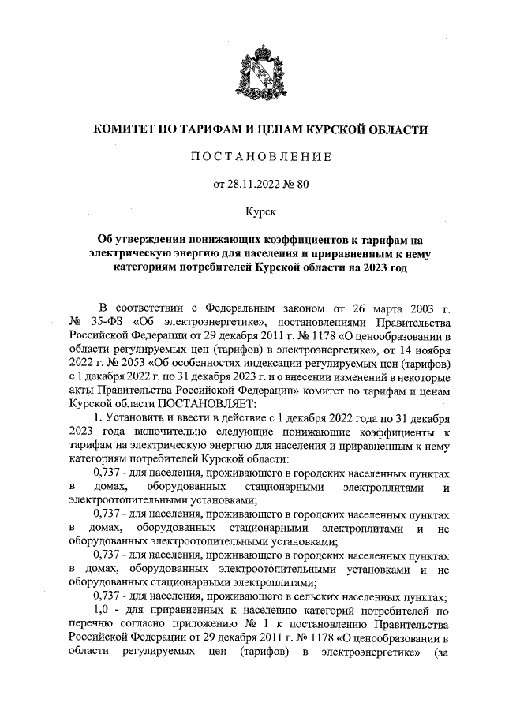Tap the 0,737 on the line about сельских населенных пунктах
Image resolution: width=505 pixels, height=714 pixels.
tap(107, 596)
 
